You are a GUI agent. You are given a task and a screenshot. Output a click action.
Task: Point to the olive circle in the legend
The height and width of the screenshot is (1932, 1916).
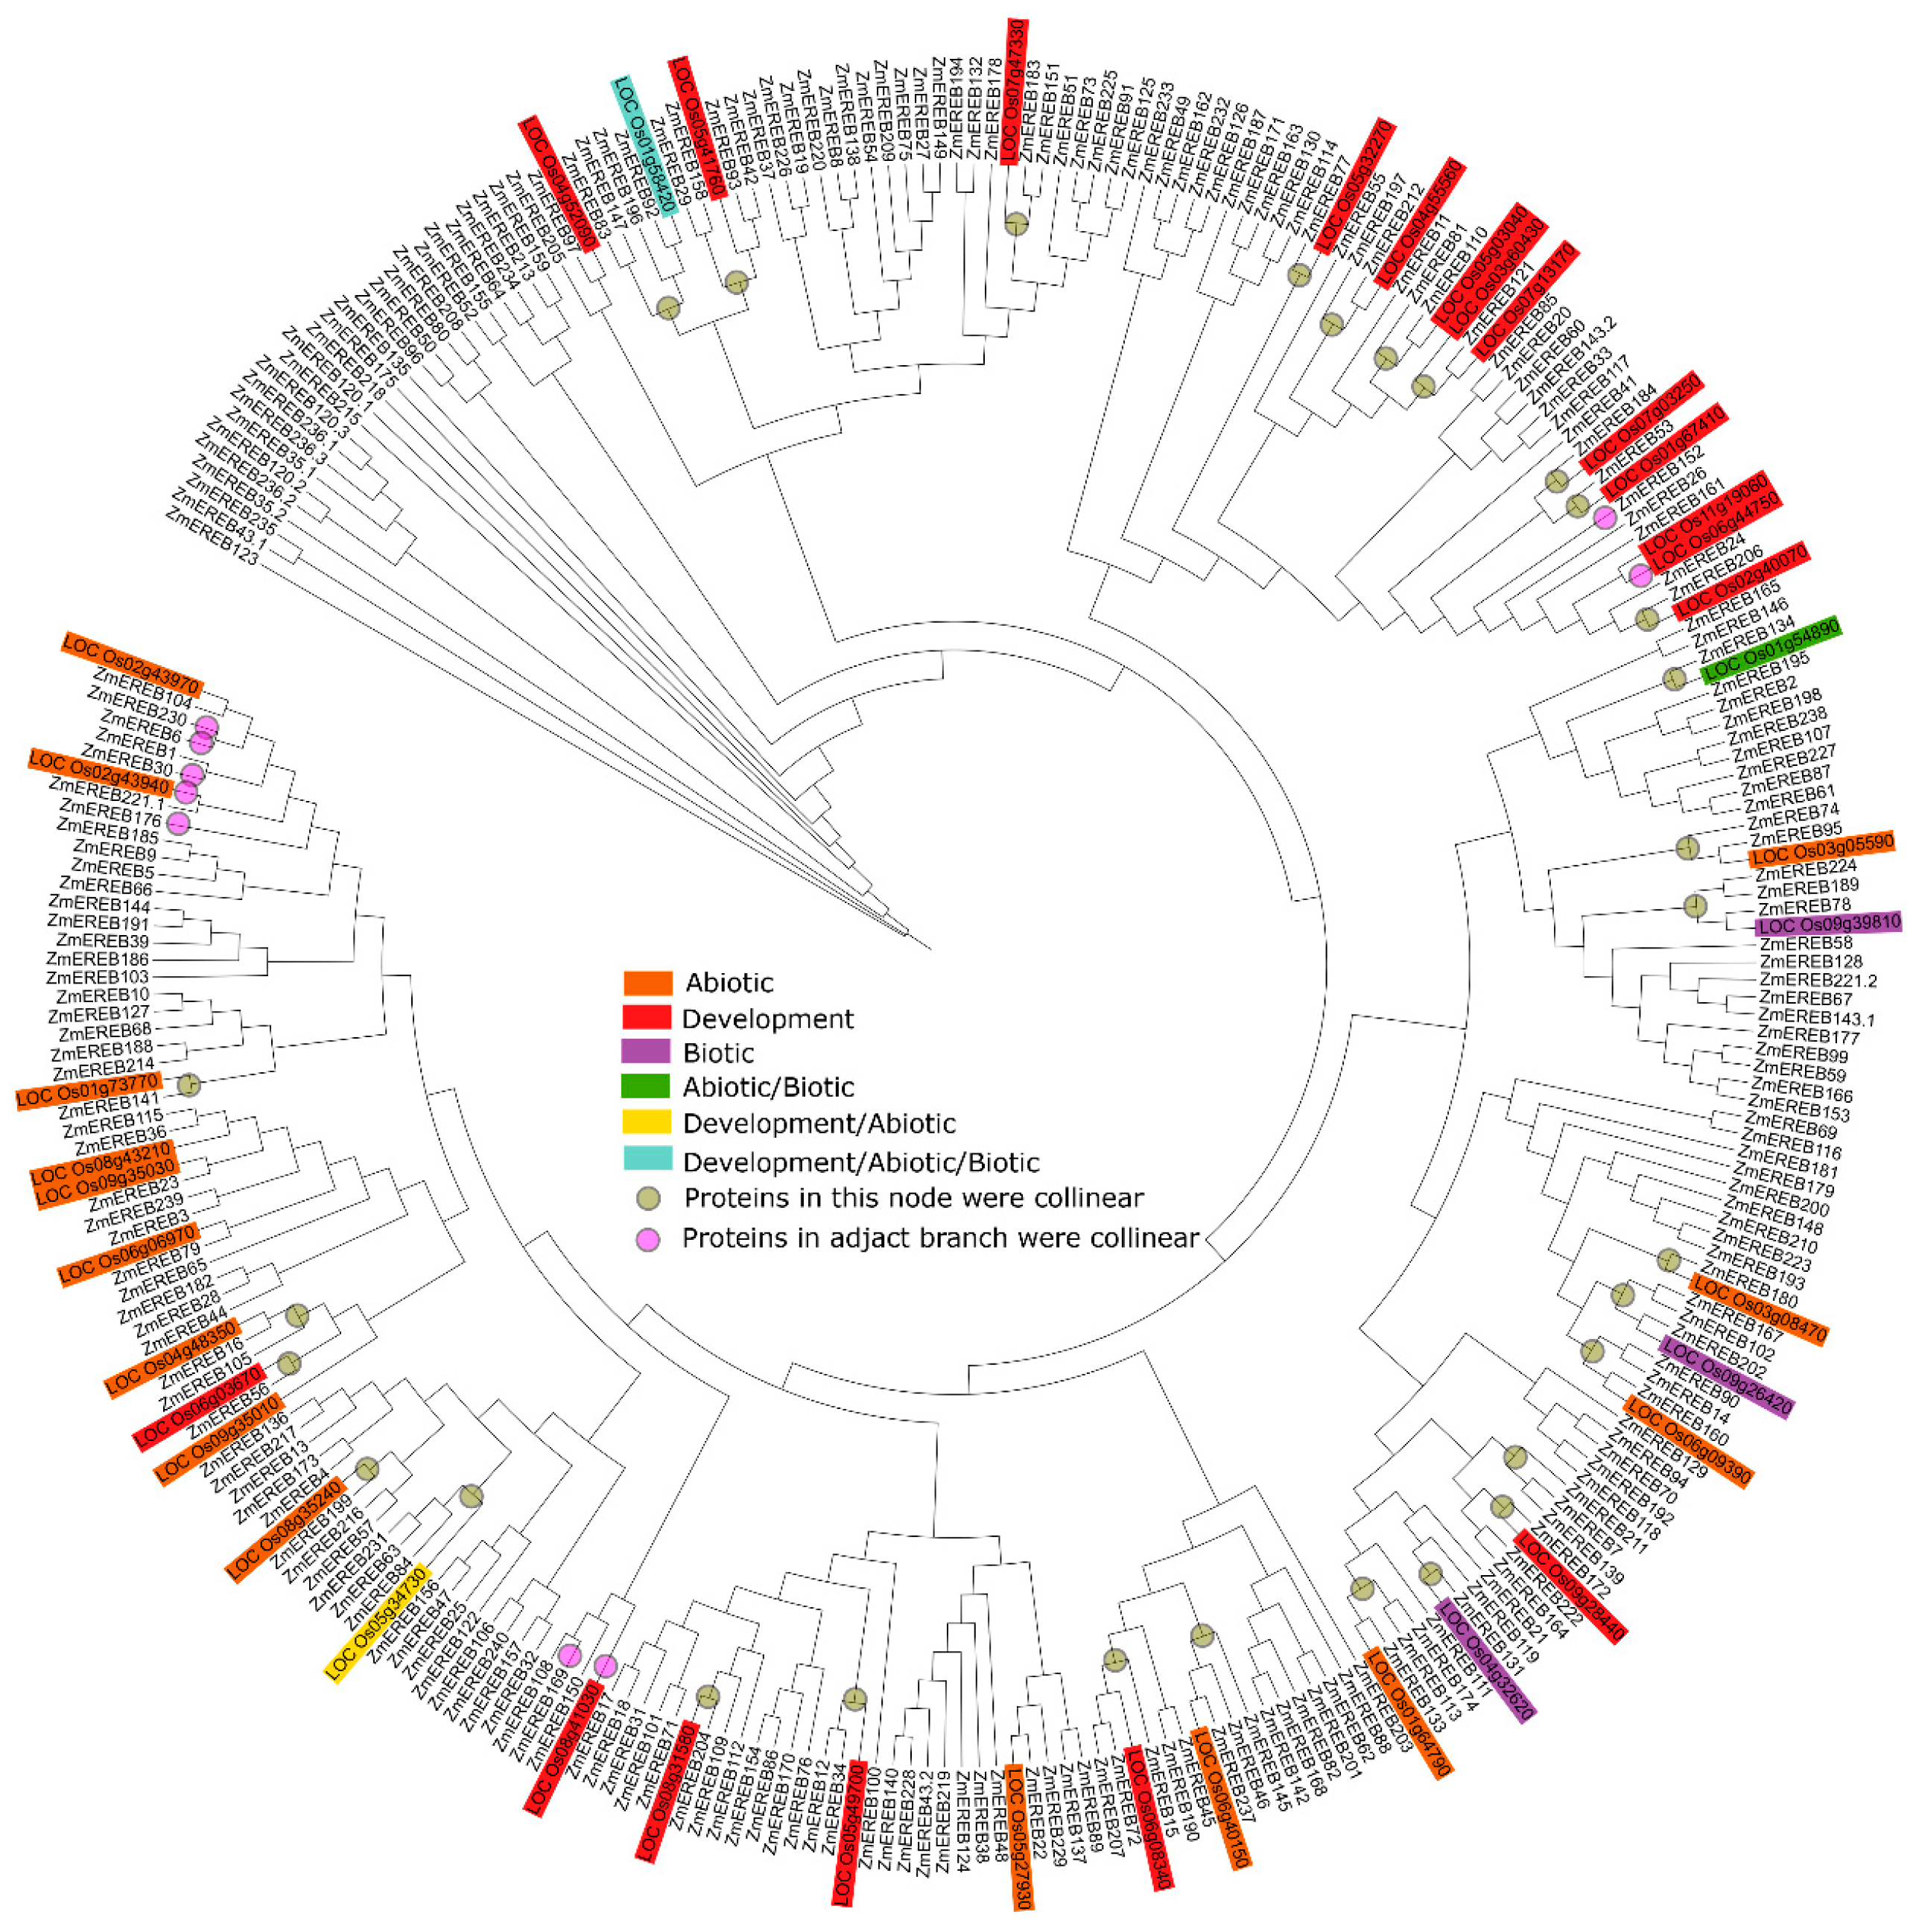[x=649, y=1198]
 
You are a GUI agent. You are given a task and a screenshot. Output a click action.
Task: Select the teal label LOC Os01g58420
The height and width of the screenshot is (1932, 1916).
[x=646, y=146]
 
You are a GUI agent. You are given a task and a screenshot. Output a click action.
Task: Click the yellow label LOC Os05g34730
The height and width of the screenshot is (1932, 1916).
[x=377, y=1623]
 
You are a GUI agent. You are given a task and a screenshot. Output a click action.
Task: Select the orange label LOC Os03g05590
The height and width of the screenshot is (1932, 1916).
[x=1821, y=850]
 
